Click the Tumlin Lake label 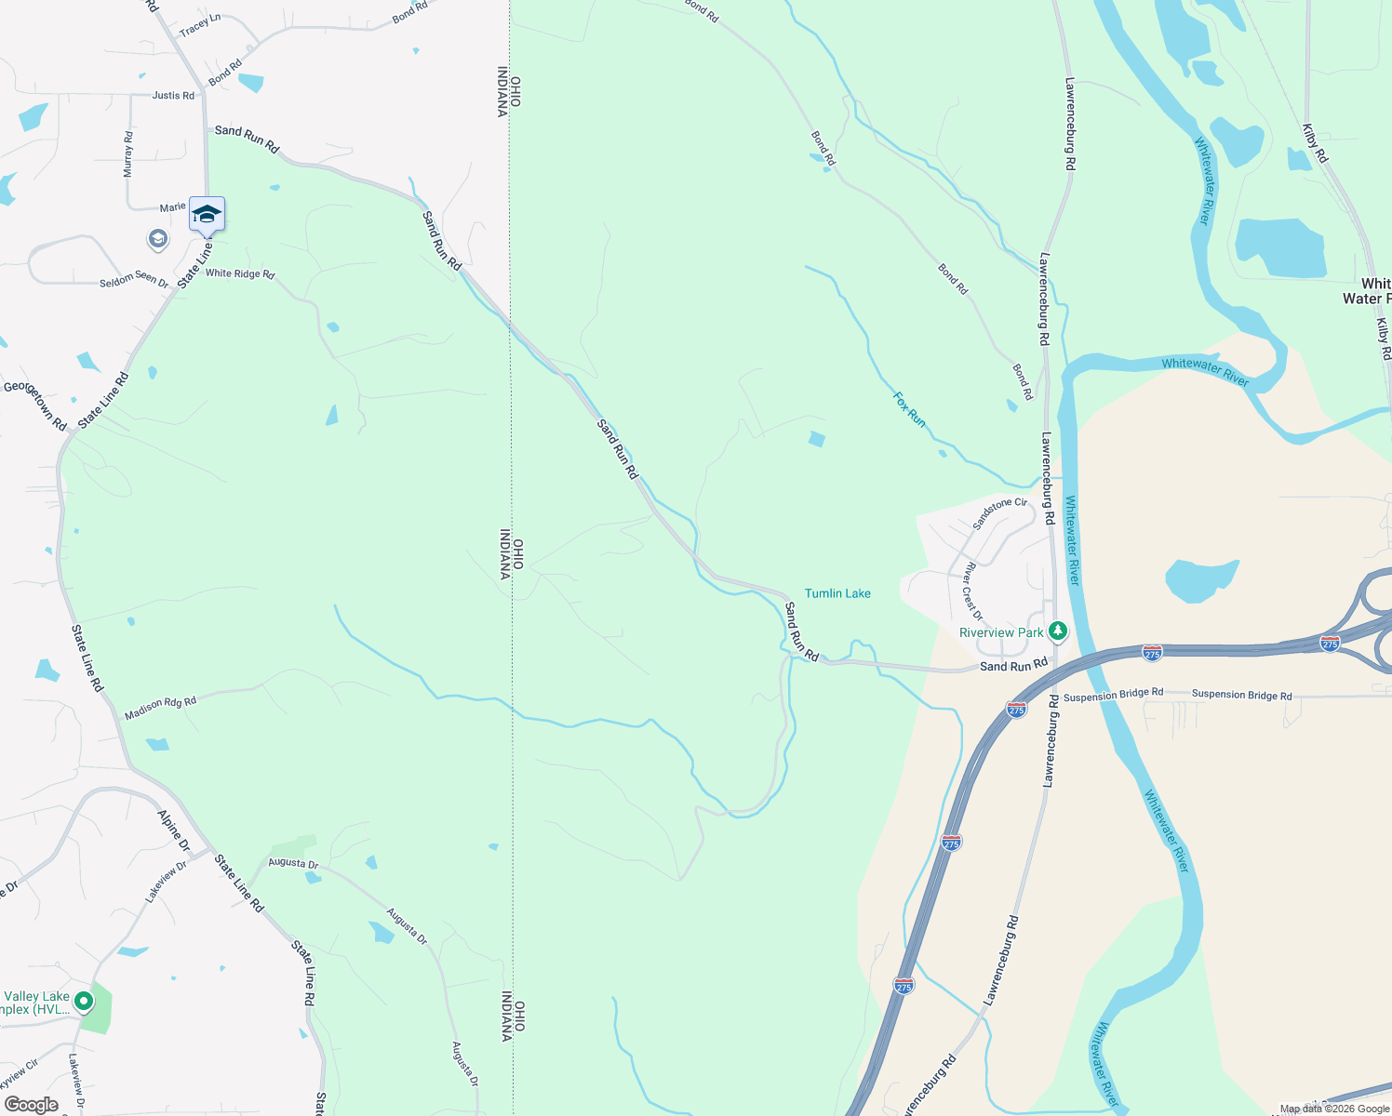click(x=837, y=593)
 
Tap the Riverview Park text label click(x=1001, y=632)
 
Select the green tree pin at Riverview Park click(x=1057, y=631)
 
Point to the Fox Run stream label click(x=909, y=409)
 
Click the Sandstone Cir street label click(x=1000, y=513)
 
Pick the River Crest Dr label click(x=973, y=591)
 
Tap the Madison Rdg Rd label click(x=160, y=708)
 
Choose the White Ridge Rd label click(x=240, y=273)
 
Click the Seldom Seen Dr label click(x=134, y=279)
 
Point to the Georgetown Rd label click(x=35, y=405)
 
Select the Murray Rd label click(x=128, y=154)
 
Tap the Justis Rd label click(x=173, y=95)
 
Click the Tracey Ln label click(x=200, y=24)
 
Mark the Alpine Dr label click(x=174, y=830)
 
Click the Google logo click(x=31, y=1105)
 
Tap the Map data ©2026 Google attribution click(x=1334, y=1109)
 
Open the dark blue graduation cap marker click(x=207, y=215)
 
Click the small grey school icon click(x=157, y=240)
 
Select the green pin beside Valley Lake click(x=84, y=1002)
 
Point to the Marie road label click(x=172, y=207)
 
